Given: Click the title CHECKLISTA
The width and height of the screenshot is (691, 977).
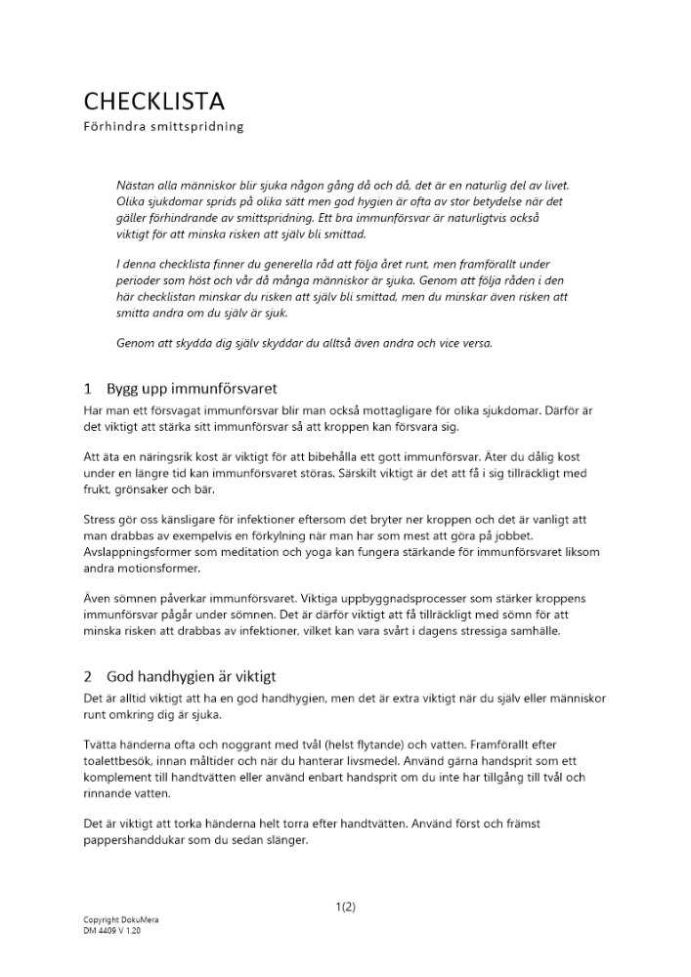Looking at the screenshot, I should point(153,101).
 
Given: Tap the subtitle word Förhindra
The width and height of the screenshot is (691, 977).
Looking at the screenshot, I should point(112,127).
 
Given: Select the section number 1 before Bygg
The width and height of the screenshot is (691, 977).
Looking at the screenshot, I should point(88,388).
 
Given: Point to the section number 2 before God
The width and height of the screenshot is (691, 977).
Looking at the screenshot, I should point(88,675).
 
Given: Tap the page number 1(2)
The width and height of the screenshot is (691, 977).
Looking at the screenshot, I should point(345,907).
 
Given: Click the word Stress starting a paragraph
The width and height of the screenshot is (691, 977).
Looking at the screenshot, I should point(100,521).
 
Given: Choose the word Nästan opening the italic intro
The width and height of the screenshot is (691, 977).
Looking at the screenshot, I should point(137,185).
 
